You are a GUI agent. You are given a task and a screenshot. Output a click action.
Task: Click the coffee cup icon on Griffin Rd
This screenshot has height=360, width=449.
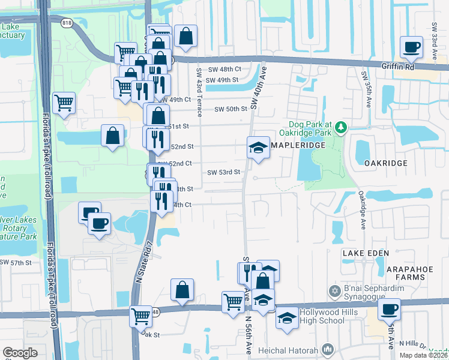pos(412,47)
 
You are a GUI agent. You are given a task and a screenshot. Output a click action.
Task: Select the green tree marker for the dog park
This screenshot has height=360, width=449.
pos(342,127)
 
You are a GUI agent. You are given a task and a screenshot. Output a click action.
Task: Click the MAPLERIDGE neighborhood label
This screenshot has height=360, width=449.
pos(298,146)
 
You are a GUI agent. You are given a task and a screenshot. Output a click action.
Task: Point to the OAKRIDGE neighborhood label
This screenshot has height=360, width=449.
pos(385,163)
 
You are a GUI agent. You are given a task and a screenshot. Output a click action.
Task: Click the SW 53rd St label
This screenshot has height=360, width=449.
pos(224,172)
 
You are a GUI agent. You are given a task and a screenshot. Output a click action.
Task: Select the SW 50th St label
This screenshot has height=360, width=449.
pos(231,109)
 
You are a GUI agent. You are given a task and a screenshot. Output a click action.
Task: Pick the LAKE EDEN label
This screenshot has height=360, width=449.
pos(362,254)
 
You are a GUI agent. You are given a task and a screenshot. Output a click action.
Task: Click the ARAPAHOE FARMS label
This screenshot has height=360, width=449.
pos(409,271)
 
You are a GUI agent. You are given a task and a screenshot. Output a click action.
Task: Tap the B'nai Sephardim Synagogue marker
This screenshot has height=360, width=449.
pos(335,292)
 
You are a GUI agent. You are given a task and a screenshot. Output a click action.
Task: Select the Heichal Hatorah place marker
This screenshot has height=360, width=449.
pos(328,349)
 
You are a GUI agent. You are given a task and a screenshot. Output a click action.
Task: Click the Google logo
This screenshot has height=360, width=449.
pos(20,352)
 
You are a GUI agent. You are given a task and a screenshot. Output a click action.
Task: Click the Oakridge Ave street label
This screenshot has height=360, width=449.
pos(363,210)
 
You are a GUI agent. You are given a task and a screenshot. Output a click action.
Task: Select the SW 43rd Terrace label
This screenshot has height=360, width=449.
pos(199,82)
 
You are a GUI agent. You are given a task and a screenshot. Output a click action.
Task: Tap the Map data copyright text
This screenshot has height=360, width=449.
pos(423,355)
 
